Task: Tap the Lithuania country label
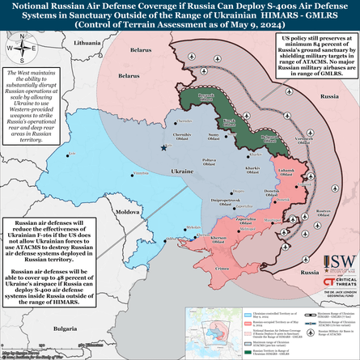click(x=85, y=40)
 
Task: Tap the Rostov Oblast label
click(x=324, y=212)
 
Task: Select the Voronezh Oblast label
click(x=303, y=138)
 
